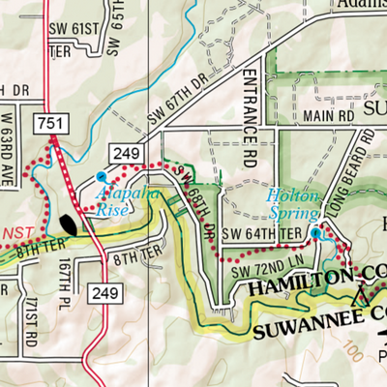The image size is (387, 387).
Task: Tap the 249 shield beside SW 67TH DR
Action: click(x=131, y=153)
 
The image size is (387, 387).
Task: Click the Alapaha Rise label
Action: click(x=126, y=199)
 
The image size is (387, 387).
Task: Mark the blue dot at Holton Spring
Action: click(x=315, y=233)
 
